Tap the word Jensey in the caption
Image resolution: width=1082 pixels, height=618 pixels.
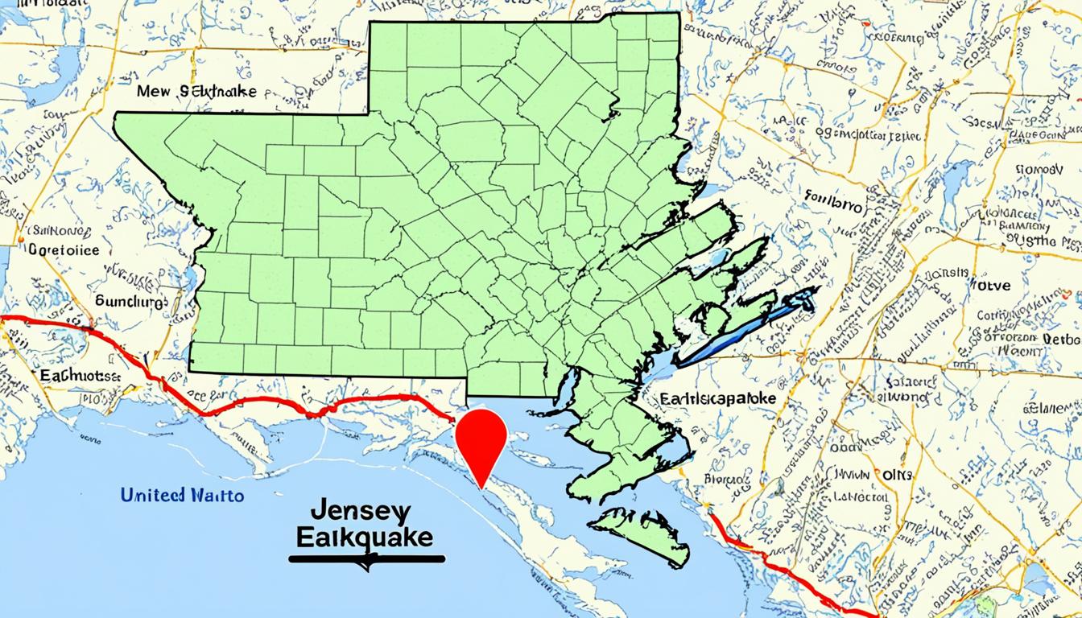pos(359,513)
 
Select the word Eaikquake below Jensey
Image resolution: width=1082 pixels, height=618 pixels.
pos(364,538)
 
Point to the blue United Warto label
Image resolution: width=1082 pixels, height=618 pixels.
pos(182,495)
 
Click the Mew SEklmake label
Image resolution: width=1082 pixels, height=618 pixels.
pos(196,92)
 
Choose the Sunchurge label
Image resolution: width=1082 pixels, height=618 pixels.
pos(131,302)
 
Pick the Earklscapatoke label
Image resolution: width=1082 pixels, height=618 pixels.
pos(717,398)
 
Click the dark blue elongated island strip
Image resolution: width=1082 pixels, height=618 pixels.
pos(745,330)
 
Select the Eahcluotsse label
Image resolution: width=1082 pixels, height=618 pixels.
pos(80,376)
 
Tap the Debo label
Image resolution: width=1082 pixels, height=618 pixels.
pos(1061,340)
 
